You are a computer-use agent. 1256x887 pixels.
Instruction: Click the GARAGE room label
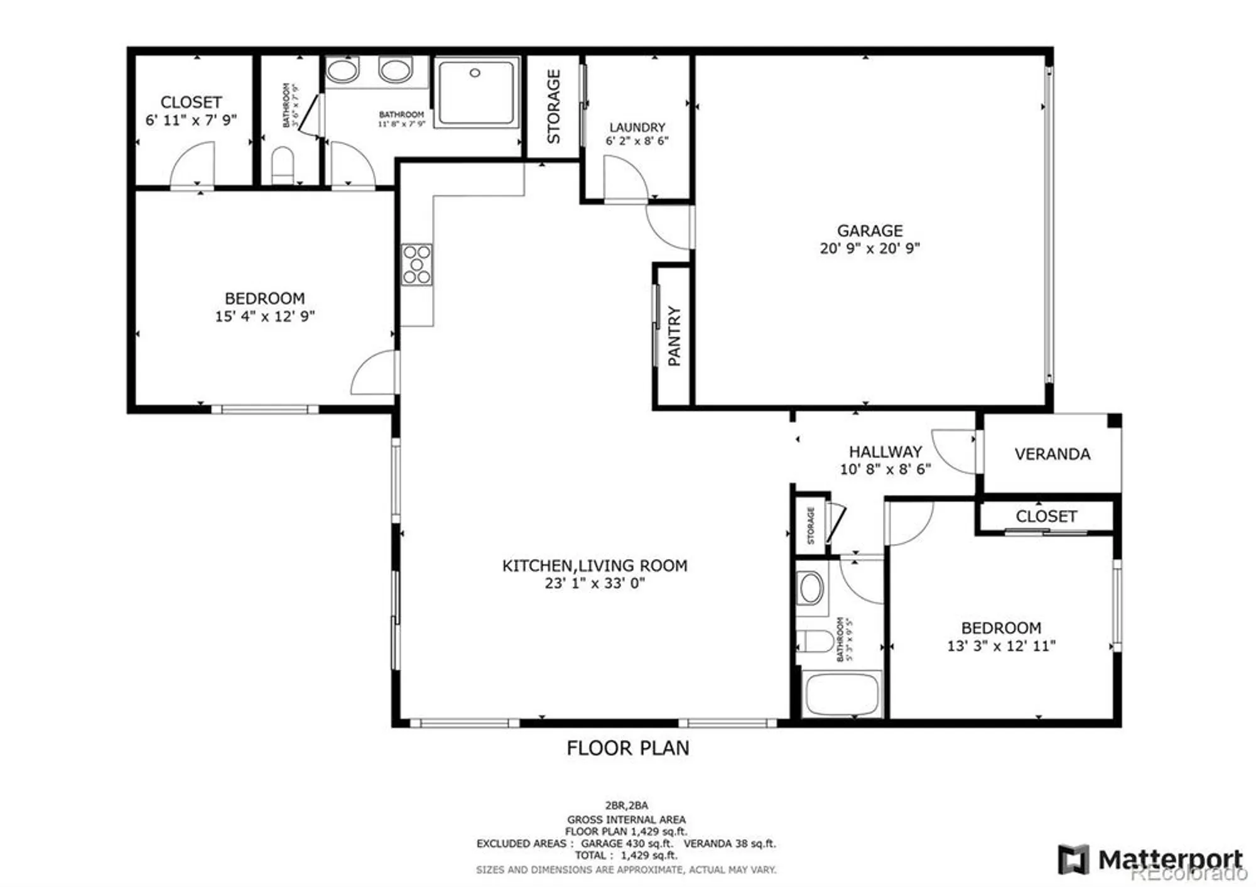click(869, 231)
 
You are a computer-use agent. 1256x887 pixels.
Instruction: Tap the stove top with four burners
click(417, 264)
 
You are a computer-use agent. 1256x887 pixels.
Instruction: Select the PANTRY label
click(674, 335)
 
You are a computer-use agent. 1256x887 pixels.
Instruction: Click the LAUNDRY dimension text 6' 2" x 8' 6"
click(637, 141)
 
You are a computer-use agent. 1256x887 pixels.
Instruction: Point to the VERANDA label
click(1052, 454)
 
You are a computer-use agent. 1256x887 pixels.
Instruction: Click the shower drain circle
click(475, 73)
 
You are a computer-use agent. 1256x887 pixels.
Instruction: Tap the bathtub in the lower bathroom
click(842, 694)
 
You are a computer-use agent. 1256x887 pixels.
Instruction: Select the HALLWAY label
click(885, 451)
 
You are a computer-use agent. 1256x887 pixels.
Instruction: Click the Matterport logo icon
click(1073, 859)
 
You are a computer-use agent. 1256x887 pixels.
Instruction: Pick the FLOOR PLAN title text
click(627, 748)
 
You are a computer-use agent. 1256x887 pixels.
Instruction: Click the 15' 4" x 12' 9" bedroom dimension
click(264, 316)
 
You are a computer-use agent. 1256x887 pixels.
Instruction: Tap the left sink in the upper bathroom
click(342, 70)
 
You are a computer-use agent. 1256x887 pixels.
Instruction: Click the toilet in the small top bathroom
click(283, 164)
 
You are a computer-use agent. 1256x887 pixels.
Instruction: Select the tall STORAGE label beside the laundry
click(553, 106)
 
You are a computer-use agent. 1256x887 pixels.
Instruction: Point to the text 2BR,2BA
click(626, 805)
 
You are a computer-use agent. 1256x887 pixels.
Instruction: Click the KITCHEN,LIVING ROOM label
click(594, 565)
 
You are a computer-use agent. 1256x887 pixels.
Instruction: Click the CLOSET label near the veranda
click(1046, 516)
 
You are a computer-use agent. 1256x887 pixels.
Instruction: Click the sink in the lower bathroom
click(810, 588)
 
